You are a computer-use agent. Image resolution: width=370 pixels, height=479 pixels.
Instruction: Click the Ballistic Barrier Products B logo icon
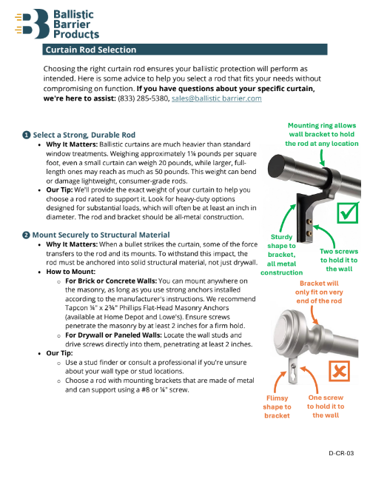pos(32,24)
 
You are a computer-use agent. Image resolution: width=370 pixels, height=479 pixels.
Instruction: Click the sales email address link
pos(216,98)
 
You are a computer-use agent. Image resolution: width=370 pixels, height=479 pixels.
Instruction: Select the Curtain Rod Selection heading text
pos(91,50)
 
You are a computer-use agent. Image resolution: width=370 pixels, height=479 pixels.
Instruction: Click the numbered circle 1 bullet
pos(26,135)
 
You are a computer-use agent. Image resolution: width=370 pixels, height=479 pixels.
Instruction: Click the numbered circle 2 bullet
pos(26,235)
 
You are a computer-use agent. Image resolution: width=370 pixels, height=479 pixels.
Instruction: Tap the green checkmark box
pos(348,212)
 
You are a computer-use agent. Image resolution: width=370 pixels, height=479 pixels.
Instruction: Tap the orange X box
pos(339,371)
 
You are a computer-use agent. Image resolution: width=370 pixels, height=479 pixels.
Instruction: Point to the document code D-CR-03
pos(341,453)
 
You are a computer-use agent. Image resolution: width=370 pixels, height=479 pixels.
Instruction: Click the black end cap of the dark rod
pos(275,166)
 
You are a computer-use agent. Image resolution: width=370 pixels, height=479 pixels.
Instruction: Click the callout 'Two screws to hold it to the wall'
pos(339,260)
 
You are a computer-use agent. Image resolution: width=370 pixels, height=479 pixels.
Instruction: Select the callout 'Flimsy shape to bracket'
pos(277,406)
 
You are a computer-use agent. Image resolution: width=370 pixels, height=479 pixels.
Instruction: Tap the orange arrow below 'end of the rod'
pos(314,315)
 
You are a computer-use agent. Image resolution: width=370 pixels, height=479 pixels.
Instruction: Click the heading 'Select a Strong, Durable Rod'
pos(84,135)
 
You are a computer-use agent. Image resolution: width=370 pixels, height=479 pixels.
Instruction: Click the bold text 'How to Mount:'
pos(71,272)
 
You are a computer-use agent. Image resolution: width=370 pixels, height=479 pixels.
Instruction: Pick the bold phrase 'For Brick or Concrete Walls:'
pos(111,281)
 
